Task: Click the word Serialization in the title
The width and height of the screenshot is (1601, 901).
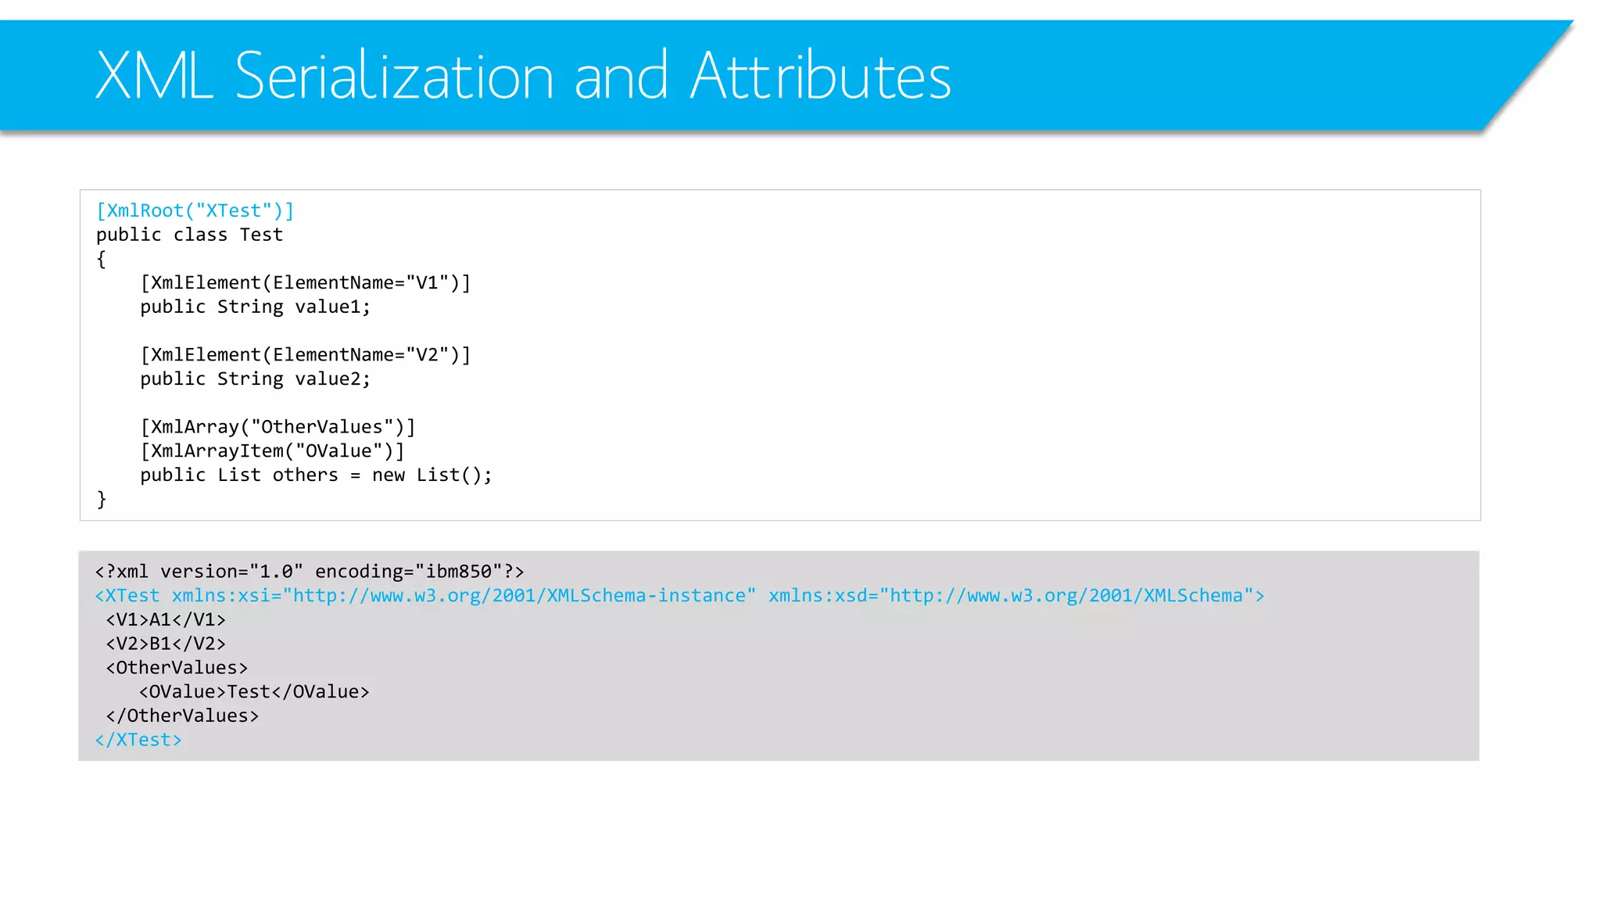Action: pos(394,76)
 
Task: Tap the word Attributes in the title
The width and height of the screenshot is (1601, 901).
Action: pos(820,76)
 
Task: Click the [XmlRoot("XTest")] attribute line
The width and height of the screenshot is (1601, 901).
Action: pos(195,211)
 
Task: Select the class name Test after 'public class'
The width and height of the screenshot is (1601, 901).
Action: pos(261,235)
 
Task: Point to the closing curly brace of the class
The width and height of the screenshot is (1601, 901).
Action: pos(101,500)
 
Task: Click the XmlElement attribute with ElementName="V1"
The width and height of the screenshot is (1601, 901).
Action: pos(305,283)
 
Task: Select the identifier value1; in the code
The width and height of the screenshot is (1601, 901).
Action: pos(332,307)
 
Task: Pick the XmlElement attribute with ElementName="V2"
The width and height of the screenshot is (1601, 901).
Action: pos(305,355)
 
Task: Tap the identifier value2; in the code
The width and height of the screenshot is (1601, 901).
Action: pos(332,379)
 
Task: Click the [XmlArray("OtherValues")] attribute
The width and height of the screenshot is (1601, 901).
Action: pos(278,427)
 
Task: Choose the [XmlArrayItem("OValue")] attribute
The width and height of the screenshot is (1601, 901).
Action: pos(272,451)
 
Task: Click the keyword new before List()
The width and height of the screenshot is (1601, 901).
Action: pos(389,476)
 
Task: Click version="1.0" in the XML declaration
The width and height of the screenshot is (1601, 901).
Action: pos(231,572)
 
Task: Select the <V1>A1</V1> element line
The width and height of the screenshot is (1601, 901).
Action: pos(166,620)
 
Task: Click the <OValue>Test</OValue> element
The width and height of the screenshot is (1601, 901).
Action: pos(254,692)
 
